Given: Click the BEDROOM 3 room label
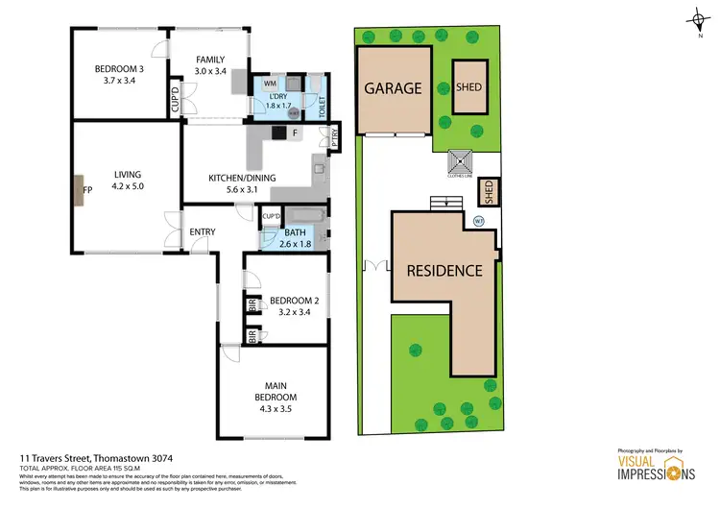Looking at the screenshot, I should pos(119,69).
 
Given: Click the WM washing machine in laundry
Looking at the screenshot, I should pos(270,85).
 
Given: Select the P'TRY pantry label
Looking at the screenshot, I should pos(336,137).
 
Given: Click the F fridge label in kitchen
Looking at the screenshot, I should pos(294,133).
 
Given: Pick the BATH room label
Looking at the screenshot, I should pos(295,231).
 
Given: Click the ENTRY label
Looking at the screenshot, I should pos(202,231).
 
